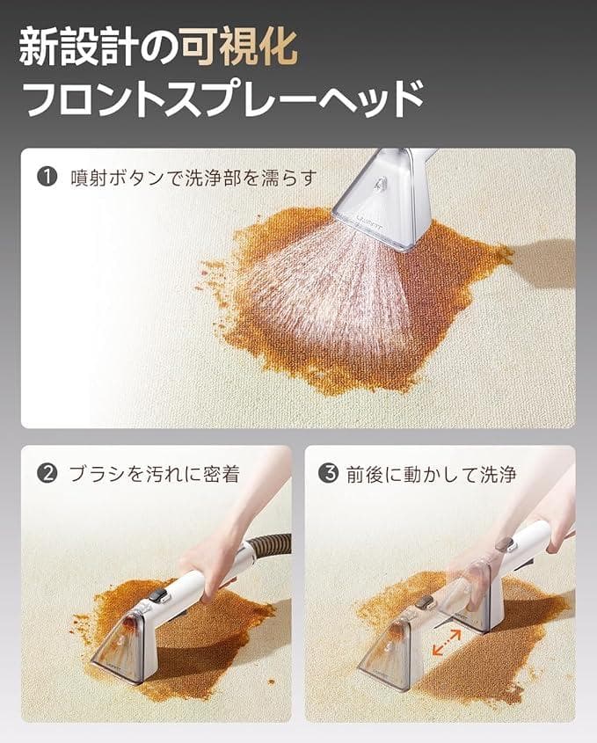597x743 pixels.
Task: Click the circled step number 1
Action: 47,177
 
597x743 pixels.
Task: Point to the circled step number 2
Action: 47,474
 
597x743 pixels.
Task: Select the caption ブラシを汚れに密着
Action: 154,474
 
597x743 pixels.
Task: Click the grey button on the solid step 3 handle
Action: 504,543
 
